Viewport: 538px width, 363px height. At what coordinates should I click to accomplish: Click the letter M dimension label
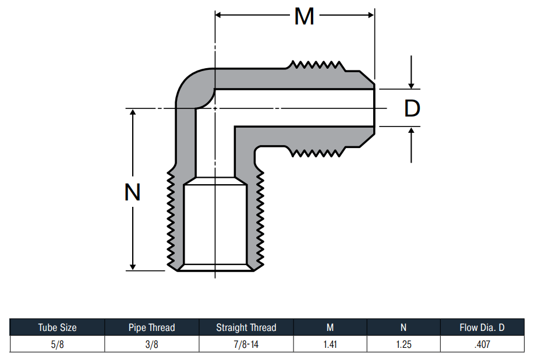coord(305,16)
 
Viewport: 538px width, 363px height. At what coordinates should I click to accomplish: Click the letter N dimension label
coord(132,192)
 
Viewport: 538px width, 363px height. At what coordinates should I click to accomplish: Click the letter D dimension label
coord(412,108)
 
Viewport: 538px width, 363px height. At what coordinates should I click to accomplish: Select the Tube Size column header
coord(57,327)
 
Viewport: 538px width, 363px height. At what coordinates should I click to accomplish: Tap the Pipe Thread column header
coord(151,327)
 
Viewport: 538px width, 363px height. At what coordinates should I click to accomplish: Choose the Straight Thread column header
coord(246,327)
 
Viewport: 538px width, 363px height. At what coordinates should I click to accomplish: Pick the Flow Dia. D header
coord(482,327)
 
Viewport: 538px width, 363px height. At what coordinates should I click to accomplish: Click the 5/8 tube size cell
coord(57,344)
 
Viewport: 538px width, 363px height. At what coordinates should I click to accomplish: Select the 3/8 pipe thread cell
coord(151,344)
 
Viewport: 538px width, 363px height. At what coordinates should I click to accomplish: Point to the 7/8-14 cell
coord(246,344)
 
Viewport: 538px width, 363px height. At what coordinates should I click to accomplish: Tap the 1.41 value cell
coord(330,344)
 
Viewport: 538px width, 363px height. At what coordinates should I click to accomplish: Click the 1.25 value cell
coord(403,344)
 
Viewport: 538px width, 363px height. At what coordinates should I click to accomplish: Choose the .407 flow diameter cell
coord(482,344)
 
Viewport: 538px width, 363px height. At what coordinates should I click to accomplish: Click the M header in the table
coord(330,327)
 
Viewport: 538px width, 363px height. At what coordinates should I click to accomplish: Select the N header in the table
coord(403,327)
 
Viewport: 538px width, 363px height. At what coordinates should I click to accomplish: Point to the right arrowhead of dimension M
coord(371,15)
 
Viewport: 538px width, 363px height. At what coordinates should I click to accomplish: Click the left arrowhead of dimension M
coord(218,15)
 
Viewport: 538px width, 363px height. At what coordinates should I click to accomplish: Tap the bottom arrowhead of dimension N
coord(133,267)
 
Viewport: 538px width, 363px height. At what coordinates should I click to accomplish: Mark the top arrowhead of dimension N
coord(133,112)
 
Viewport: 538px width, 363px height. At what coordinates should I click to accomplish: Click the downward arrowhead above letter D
coord(411,85)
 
